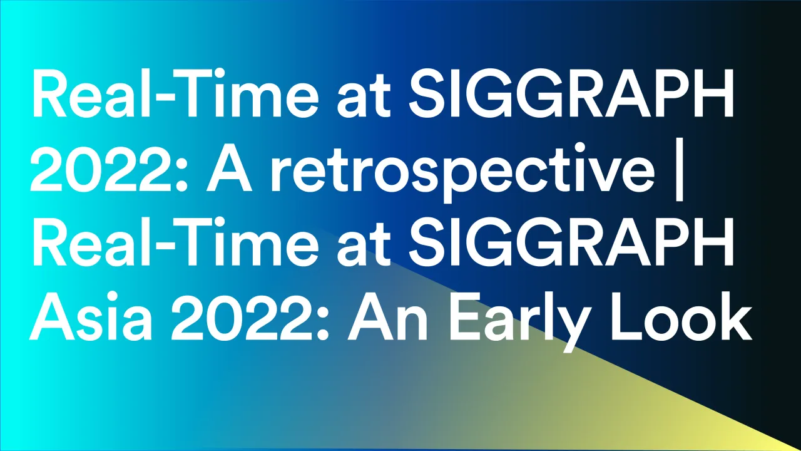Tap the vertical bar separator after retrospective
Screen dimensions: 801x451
680,170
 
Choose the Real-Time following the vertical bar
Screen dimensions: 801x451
175,241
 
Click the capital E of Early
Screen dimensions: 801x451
464,315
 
